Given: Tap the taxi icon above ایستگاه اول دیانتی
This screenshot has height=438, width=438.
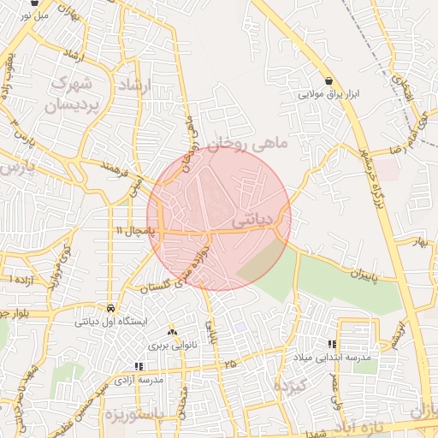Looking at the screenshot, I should pyautogui.click(x=112, y=308).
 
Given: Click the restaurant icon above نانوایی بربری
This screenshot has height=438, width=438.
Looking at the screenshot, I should pyautogui.click(x=172, y=331).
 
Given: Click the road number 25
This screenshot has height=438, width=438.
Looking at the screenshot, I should pyautogui.click(x=230, y=364).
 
